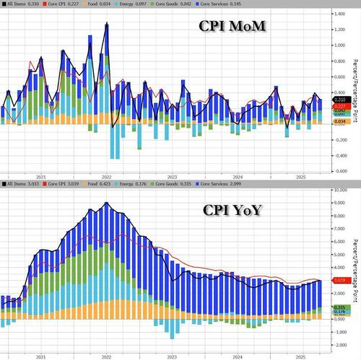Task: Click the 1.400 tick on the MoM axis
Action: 337,14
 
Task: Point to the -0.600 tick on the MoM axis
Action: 337,171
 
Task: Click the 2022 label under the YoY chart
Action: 105,356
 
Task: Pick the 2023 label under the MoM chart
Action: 172,177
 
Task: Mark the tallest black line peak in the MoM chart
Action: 107,24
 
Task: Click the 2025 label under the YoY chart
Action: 303,356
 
